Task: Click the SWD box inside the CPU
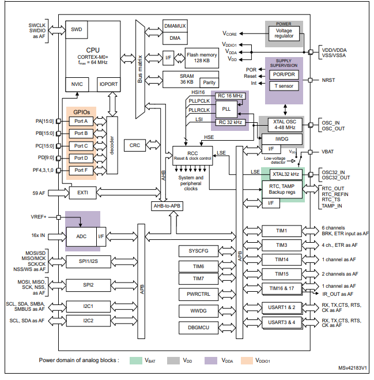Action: [76, 29]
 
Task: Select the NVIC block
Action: [77, 84]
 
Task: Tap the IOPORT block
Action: [109, 84]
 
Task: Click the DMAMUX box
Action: [175, 27]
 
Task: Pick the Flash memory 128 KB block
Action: [201, 57]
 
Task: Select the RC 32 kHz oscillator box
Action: [230, 122]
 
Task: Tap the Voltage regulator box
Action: [284, 33]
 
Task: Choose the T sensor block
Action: [284, 86]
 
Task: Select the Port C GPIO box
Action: [81, 146]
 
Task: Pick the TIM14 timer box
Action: [282, 259]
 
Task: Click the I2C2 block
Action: [88, 320]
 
